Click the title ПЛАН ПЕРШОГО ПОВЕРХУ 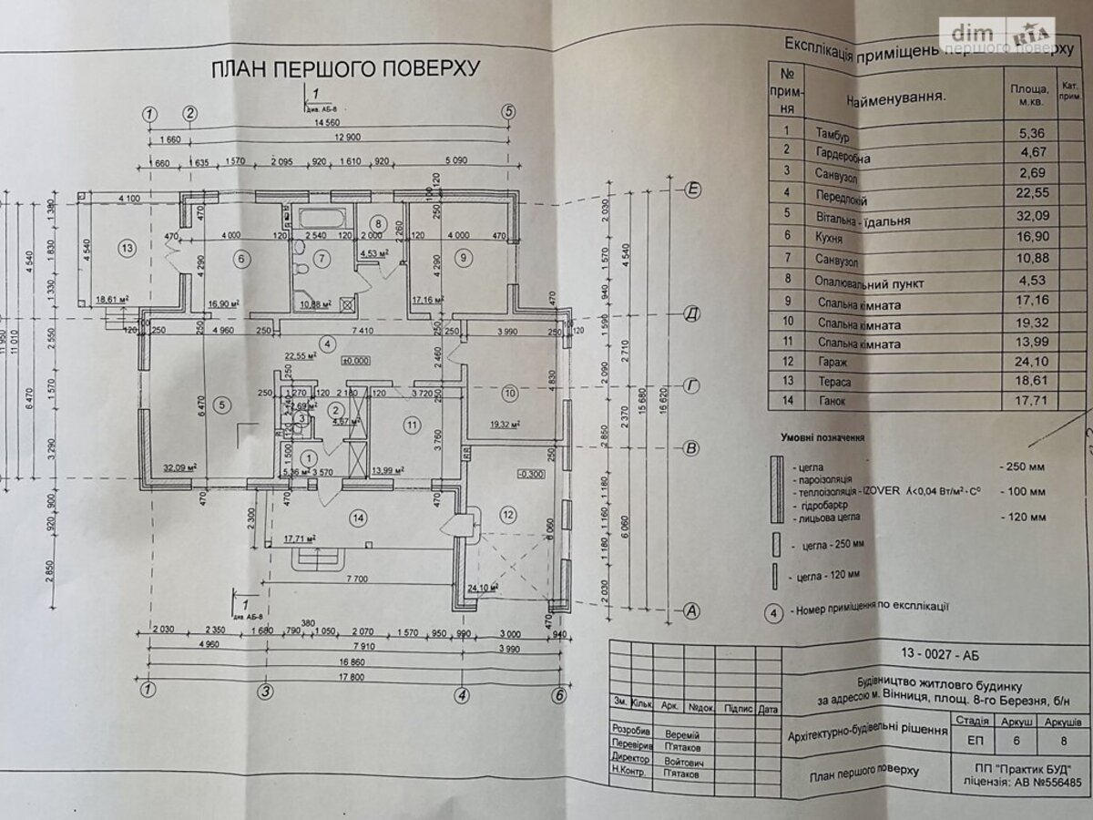(345, 70)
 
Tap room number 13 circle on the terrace (127, 247)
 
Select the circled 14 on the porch (360, 518)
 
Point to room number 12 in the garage (508, 515)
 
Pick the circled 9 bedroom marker (464, 259)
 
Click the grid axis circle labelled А (692, 611)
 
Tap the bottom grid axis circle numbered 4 (463, 693)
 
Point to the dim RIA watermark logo (999, 34)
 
